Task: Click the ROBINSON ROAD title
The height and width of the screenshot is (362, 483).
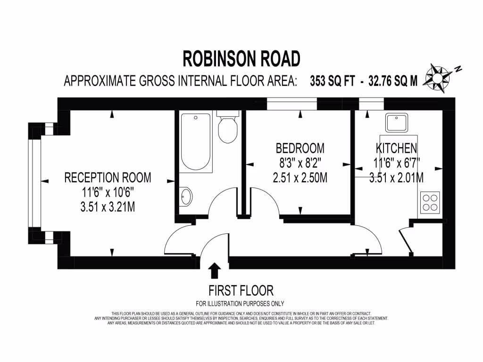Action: point(241,59)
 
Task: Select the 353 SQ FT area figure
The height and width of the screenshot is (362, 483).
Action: point(332,81)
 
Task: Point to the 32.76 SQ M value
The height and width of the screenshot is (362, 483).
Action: point(393,81)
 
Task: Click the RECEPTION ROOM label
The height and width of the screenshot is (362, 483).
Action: point(108,178)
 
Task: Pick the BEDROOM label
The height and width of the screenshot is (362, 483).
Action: point(300,148)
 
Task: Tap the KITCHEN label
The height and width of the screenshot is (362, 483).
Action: point(396,148)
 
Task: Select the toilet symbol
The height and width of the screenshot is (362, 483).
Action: point(227,129)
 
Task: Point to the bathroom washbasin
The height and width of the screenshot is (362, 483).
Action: point(186,196)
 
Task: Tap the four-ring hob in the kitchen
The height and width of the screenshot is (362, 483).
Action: point(430,203)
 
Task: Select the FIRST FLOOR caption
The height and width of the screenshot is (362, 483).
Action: point(241,290)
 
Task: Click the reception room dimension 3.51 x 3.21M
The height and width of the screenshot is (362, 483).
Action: point(108,206)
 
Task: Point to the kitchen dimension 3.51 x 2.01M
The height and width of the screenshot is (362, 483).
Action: point(396,178)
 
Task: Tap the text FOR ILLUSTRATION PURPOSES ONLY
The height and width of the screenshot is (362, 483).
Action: point(240,303)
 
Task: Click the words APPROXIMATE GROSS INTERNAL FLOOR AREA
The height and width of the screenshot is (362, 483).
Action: point(181,81)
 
